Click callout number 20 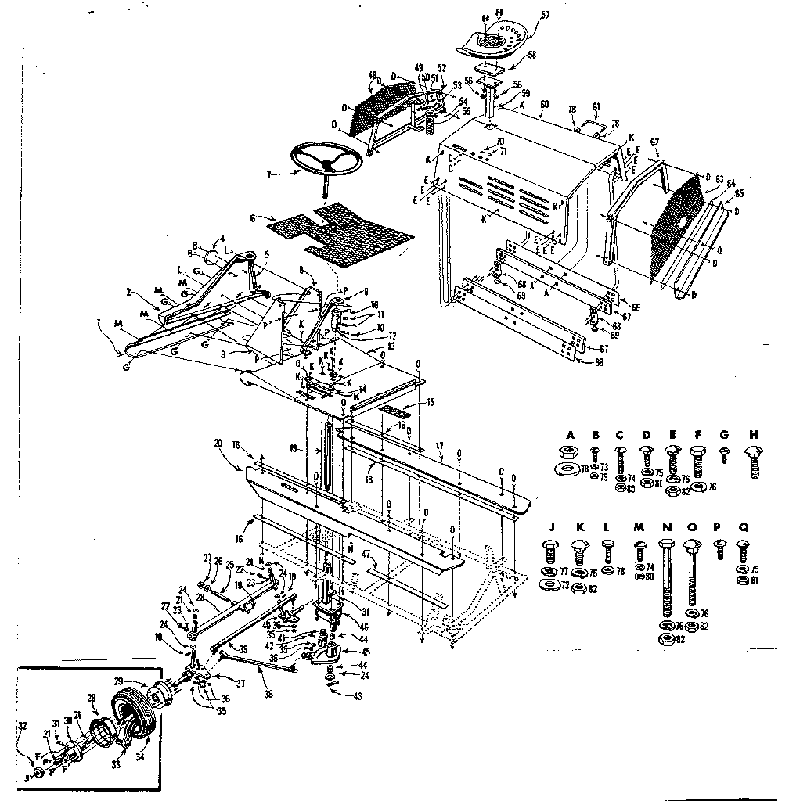click(x=218, y=443)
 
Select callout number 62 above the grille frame click(x=654, y=142)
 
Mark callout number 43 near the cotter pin click(x=336, y=696)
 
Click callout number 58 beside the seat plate click(x=531, y=55)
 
